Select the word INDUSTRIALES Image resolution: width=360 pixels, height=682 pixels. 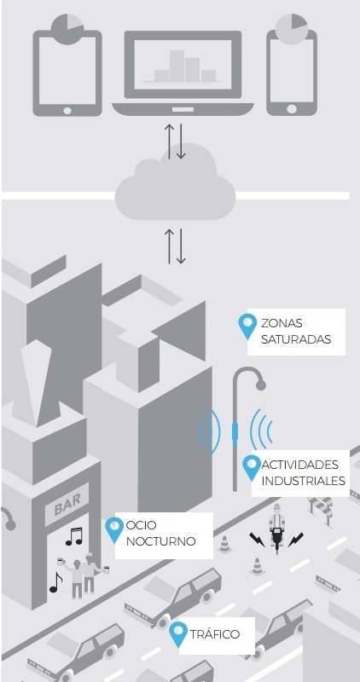(x=304, y=481)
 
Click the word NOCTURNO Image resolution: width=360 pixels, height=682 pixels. (x=160, y=541)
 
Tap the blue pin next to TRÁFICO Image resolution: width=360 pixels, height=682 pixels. (x=178, y=634)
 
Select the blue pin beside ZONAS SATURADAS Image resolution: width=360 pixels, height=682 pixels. (x=247, y=327)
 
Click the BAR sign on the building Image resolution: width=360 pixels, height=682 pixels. (x=67, y=504)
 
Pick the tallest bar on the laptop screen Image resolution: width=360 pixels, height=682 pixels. (x=177, y=66)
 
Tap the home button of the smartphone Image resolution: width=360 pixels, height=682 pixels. (x=292, y=109)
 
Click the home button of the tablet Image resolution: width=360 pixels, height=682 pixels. (x=67, y=111)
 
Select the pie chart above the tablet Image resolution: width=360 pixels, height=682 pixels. (x=67, y=29)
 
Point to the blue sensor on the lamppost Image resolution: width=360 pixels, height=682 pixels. (x=235, y=434)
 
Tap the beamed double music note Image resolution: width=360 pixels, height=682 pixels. (x=74, y=536)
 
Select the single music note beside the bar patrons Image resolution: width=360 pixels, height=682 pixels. (x=55, y=582)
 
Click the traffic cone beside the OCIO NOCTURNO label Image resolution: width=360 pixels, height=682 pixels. (x=224, y=545)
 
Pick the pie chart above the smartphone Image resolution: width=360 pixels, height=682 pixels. (x=292, y=29)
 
